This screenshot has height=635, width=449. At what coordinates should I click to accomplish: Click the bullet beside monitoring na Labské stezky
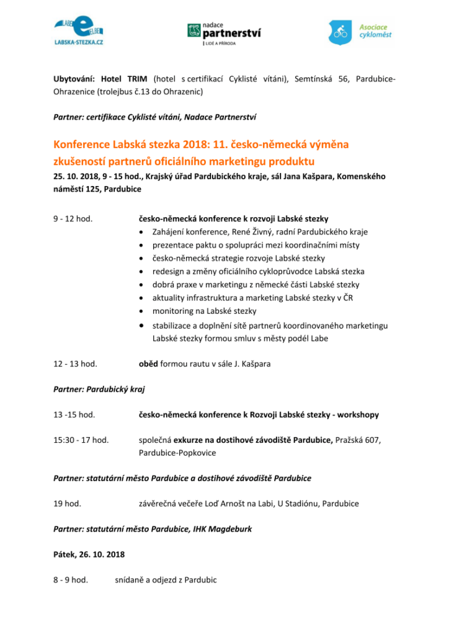(143, 311)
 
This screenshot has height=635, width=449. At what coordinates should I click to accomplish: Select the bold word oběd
(148, 363)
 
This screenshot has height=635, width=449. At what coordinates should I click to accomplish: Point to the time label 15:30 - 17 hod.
(82, 440)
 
